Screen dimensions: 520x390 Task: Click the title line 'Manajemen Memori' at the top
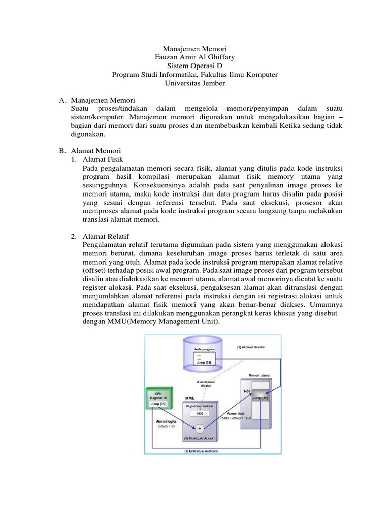195,48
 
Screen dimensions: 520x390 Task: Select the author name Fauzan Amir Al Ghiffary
195,57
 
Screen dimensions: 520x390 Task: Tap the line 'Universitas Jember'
195,83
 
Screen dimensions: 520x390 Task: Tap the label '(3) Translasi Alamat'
202,439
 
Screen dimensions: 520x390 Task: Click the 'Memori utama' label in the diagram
259,375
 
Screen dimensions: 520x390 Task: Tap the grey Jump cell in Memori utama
261,398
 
